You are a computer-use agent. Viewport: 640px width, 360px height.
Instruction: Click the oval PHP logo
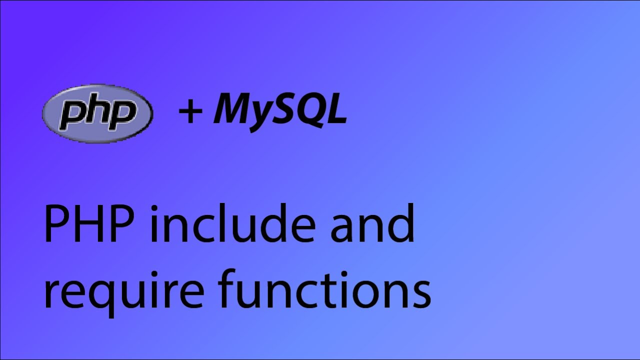pyautogui.click(x=98, y=113)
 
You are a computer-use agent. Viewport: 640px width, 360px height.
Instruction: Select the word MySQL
pyautogui.click(x=280, y=111)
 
